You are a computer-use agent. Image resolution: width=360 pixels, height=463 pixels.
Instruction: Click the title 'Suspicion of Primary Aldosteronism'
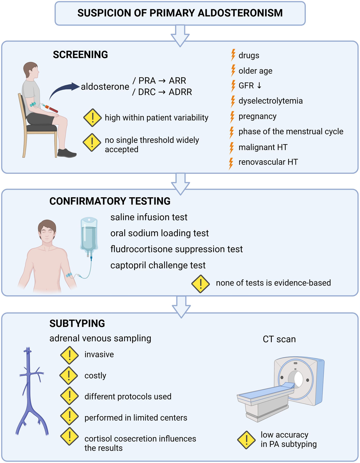pyautogui.click(x=180, y=13)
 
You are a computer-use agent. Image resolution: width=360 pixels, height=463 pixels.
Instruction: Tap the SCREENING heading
pyautogui.click(x=80, y=55)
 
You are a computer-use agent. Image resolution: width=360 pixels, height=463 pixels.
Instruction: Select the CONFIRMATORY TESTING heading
pyautogui.click(x=110, y=201)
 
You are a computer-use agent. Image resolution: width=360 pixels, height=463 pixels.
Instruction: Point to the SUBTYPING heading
pyautogui.click(x=77, y=323)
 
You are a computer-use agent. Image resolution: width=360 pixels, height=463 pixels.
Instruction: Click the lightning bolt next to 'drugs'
pyautogui.click(x=233, y=55)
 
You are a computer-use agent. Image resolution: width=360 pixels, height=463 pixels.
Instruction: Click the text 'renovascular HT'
pyautogui.click(x=268, y=162)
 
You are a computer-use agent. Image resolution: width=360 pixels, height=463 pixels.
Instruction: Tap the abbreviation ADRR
pyautogui.click(x=180, y=92)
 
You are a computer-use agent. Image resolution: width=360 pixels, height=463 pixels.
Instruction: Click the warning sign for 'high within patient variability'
pyautogui.click(x=92, y=118)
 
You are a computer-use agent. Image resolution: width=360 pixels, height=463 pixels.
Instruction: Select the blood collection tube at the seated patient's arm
pyautogui.click(x=51, y=108)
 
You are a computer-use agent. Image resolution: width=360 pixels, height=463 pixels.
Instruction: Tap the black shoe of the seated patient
pyautogui.click(x=67, y=153)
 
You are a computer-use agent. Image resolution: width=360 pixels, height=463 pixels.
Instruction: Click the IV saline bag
pyautogui.click(x=89, y=236)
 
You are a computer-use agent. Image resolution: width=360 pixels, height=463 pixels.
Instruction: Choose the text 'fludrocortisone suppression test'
pyautogui.click(x=176, y=249)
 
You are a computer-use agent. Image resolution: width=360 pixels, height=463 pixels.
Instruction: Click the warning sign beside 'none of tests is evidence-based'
pyautogui.click(x=200, y=284)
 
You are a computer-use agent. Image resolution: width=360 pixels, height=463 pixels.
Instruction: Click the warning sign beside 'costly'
pyautogui.click(x=69, y=375)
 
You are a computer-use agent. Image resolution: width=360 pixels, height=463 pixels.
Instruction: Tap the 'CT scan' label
pyautogui.click(x=279, y=339)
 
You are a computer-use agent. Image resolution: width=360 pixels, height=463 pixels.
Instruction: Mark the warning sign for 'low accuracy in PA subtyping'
pyautogui.click(x=246, y=440)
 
